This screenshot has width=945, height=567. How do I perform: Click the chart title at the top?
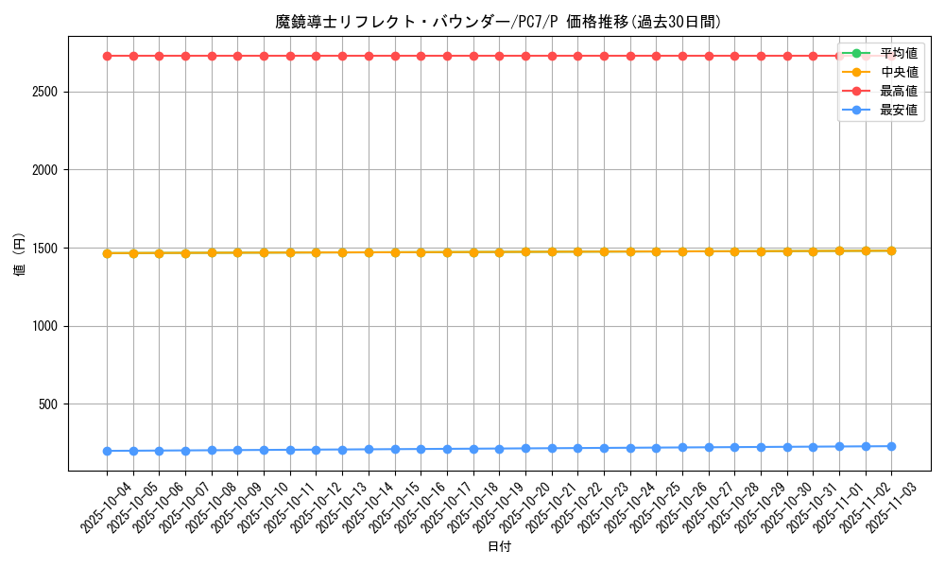pyautogui.click(x=498, y=22)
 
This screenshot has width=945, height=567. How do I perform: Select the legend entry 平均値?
pyautogui.click(x=899, y=53)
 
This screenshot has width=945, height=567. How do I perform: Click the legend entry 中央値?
pyautogui.click(x=899, y=72)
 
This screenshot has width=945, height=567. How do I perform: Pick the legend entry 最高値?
pyautogui.click(x=899, y=92)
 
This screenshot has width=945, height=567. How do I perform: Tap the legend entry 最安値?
pyautogui.click(x=899, y=111)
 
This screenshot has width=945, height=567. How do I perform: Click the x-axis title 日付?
pyautogui.click(x=498, y=547)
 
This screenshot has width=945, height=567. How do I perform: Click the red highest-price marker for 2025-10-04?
pyautogui.click(x=107, y=56)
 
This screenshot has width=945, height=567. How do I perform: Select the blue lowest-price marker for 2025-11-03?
pyautogui.click(x=891, y=446)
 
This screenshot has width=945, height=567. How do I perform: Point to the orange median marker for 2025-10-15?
pyautogui.click(x=395, y=252)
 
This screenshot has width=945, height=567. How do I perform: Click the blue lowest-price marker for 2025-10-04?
pyautogui.click(x=107, y=451)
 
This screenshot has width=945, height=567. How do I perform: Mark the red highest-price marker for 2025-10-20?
pyautogui.click(x=525, y=56)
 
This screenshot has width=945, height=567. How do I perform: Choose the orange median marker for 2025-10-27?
pyautogui.click(x=709, y=251)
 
